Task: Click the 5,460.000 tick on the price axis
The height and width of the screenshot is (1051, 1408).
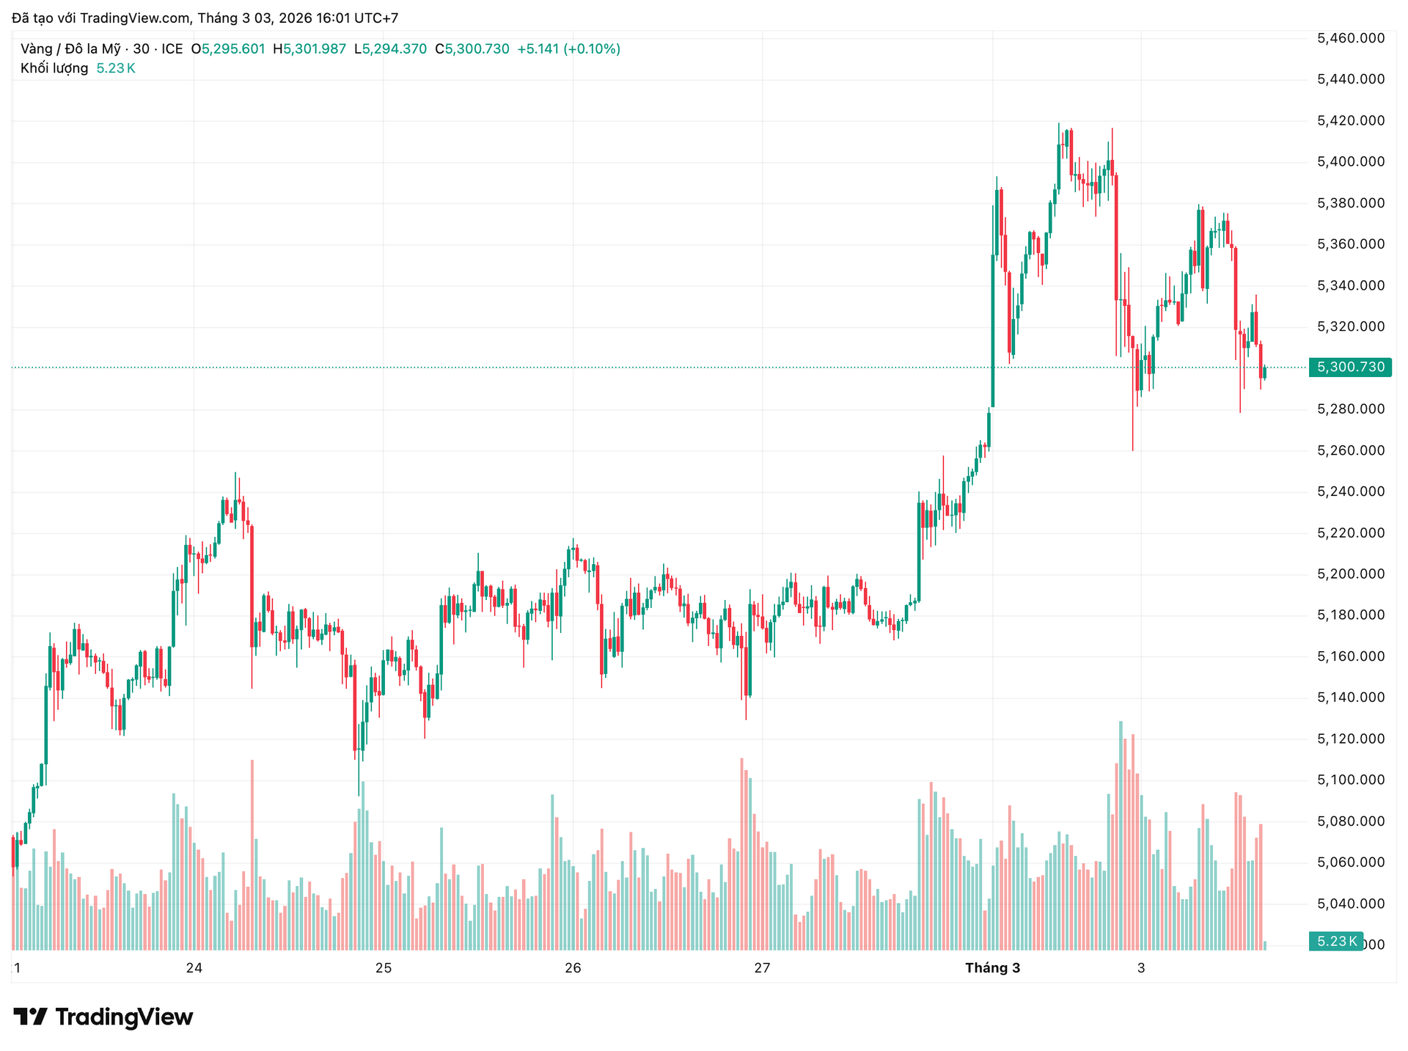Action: (x=1351, y=38)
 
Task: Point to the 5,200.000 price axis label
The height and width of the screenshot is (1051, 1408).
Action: (x=1351, y=574)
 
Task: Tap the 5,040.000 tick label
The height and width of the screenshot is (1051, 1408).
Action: (x=1351, y=904)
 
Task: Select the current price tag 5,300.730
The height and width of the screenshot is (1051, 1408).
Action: (x=1350, y=367)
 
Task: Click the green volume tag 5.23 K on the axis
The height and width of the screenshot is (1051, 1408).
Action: (x=1336, y=941)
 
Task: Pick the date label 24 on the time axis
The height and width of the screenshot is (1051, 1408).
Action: (x=194, y=968)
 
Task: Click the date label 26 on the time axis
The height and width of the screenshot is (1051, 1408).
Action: (x=573, y=968)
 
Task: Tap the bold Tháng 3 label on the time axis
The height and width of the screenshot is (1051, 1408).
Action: (x=992, y=968)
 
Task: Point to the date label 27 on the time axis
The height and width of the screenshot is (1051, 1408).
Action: (x=762, y=968)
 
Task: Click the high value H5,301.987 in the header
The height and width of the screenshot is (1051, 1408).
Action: (x=309, y=49)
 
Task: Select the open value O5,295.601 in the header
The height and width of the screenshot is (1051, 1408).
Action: (x=227, y=49)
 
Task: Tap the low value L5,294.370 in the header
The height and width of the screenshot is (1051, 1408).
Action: (x=390, y=49)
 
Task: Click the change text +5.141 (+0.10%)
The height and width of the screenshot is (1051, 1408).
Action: (x=568, y=49)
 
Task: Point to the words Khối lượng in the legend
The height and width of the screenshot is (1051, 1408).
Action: (x=54, y=68)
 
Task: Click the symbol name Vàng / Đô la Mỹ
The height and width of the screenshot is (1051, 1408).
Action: (x=70, y=49)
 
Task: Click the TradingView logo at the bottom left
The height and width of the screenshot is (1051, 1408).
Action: (x=103, y=1017)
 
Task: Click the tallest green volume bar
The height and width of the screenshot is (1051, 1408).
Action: (x=1121, y=836)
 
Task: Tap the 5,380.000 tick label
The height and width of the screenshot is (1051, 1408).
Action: (x=1351, y=203)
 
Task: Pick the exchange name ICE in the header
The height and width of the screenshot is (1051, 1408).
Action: (x=172, y=49)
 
